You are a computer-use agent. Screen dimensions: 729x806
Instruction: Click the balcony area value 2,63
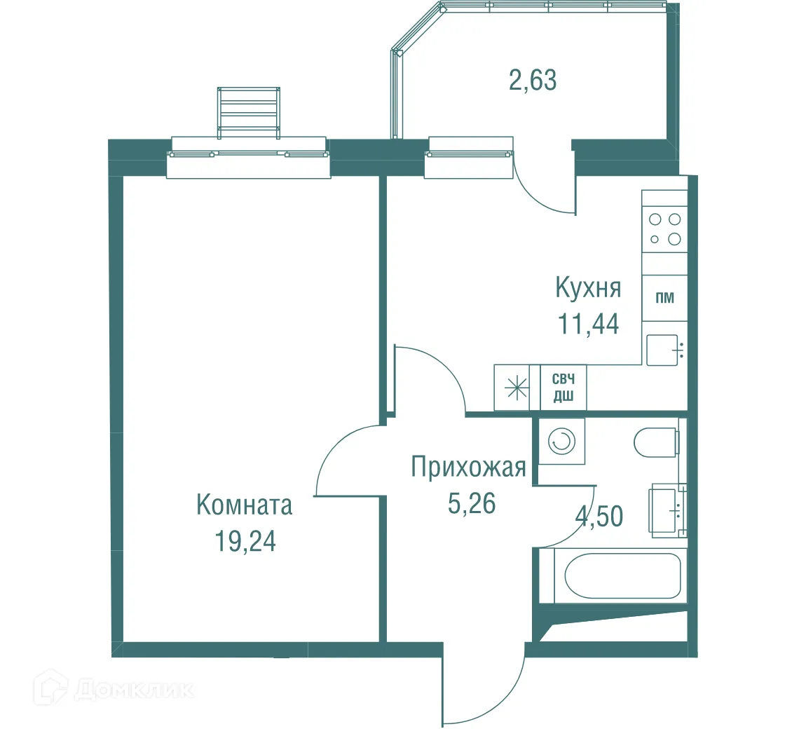[533, 81]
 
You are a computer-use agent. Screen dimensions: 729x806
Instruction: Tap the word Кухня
[588, 288]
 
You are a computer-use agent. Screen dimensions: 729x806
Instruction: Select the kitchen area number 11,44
[588, 324]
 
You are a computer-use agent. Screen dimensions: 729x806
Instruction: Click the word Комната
[244, 505]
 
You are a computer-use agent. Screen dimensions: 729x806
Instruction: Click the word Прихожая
[468, 467]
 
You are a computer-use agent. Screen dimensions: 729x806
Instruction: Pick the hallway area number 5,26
[471, 503]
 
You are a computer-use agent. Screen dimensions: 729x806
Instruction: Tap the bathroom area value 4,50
[599, 517]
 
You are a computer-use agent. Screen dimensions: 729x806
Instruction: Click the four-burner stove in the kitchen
[664, 229]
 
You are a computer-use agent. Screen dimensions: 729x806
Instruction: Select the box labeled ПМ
[664, 298]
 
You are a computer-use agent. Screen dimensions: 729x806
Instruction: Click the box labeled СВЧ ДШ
[563, 388]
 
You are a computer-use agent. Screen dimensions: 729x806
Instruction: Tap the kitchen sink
[663, 350]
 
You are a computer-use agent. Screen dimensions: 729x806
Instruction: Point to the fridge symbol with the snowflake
[517, 388]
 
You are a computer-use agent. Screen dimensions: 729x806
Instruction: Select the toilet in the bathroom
[656, 442]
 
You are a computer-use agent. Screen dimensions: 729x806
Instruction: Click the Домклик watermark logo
[116, 690]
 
